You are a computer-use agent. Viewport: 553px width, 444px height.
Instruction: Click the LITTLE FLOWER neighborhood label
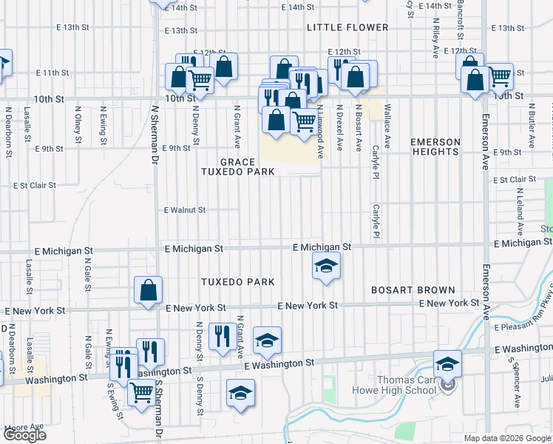347,27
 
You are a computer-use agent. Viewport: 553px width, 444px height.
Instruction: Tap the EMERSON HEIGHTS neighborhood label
435,147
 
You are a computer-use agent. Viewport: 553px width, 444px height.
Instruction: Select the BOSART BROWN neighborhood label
405,289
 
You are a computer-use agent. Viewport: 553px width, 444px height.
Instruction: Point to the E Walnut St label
184,209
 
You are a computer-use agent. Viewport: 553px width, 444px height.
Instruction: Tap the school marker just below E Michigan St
325,267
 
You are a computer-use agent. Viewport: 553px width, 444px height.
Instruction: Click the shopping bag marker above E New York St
148,291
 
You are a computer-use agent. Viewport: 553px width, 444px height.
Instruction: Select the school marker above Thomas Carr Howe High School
447,364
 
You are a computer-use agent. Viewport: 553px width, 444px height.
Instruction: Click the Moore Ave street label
24,427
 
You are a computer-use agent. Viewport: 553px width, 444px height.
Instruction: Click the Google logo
24,436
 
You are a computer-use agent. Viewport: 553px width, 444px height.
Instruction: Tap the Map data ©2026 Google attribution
507,438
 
